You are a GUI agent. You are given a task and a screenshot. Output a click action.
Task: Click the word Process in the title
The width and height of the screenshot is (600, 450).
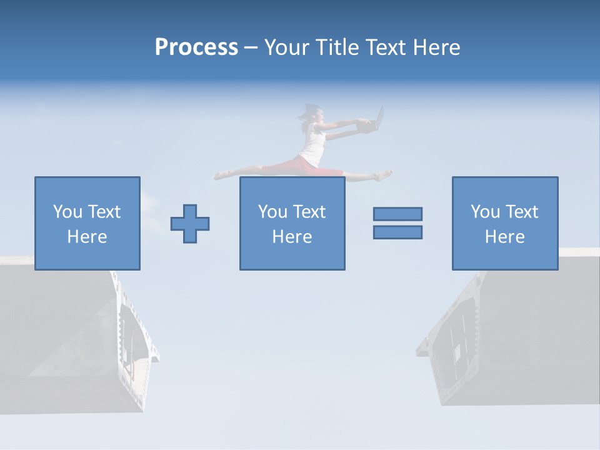pyautogui.click(x=196, y=47)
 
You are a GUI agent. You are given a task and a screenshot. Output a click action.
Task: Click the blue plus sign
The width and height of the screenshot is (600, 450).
pyautogui.click(x=190, y=224)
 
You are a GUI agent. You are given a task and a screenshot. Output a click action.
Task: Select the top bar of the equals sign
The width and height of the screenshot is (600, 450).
pyautogui.click(x=397, y=214)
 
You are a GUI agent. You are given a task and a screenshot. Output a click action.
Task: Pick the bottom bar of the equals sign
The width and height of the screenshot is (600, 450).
pyautogui.click(x=397, y=232)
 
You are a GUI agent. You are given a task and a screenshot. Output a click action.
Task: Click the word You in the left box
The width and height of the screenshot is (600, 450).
pyautogui.click(x=67, y=212)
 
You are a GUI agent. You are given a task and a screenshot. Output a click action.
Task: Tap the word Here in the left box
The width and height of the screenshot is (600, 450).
pyautogui.click(x=87, y=237)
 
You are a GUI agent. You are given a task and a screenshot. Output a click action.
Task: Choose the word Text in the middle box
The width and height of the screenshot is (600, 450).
pyautogui.click(x=309, y=212)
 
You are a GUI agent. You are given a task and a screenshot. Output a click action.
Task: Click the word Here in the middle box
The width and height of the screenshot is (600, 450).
pyautogui.click(x=292, y=237)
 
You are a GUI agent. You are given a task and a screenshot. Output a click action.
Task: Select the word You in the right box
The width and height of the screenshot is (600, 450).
pyautogui.click(x=485, y=212)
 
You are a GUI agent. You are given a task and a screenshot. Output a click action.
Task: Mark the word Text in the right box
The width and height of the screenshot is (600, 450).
pyautogui.click(x=522, y=212)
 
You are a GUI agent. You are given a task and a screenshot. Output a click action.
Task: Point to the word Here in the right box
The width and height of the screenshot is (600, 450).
pyautogui.click(x=504, y=237)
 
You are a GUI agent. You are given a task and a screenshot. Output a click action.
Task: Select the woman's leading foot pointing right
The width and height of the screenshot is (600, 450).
pyautogui.click(x=384, y=175)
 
